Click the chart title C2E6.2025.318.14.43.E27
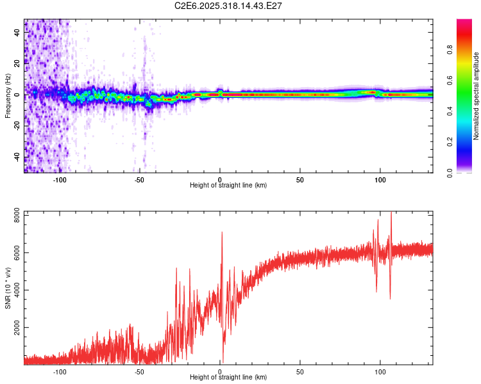point(229,6)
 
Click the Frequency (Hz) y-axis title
point(8,95)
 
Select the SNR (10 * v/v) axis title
point(8,288)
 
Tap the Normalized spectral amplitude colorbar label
point(476,96)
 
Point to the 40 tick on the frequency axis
point(17,33)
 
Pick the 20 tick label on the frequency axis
point(17,64)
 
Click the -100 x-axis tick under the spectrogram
point(60,179)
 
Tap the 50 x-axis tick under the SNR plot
point(300,371)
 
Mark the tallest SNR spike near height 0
point(222,232)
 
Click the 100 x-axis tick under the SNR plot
point(380,371)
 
